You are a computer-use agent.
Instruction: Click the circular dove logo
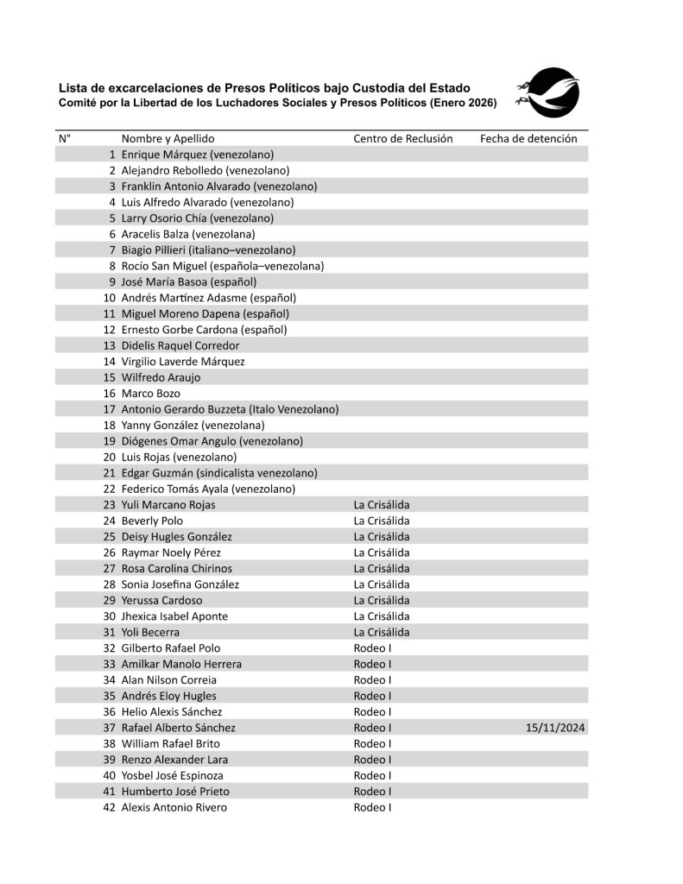pyautogui.click(x=552, y=93)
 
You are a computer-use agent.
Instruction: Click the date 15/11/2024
pyautogui.click(x=555, y=728)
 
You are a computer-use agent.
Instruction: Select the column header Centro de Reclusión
pyautogui.click(x=402, y=138)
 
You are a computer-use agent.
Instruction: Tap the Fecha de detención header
pyautogui.click(x=528, y=138)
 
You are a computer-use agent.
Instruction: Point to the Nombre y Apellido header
pyautogui.click(x=168, y=138)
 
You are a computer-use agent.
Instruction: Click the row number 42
pyautogui.click(x=109, y=807)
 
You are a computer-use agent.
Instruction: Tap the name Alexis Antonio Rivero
pyautogui.click(x=174, y=807)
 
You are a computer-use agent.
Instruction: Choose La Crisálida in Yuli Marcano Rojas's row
pyautogui.click(x=381, y=505)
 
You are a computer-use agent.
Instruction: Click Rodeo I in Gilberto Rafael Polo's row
pyautogui.click(x=372, y=648)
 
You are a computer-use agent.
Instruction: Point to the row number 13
pyautogui.click(x=109, y=345)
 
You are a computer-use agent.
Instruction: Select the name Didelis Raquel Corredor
pyautogui.click(x=180, y=345)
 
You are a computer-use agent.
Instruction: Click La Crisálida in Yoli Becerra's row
pyautogui.click(x=381, y=632)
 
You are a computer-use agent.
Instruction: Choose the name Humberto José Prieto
pyautogui.click(x=174, y=791)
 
